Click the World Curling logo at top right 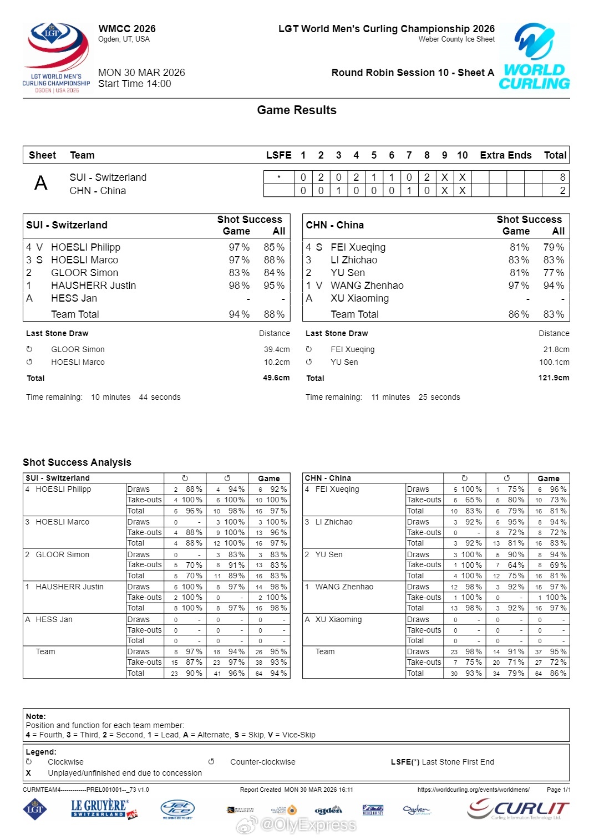point(534,57)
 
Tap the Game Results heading point(297,110)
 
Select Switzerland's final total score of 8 point(562,177)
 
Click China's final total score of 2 point(562,191)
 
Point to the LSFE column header point(278,155)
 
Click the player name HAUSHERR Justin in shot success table point(93,286)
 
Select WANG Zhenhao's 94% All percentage point(554,286)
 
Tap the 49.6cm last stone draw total point(276,378)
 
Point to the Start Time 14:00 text point(135,84)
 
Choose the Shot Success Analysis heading point(77,462)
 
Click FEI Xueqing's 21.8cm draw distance point(556,350)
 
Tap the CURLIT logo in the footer point(518,809)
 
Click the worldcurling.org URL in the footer point(473,790)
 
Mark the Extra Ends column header point(505,155)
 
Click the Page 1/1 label point(558,790)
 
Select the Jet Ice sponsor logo point(177,810)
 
